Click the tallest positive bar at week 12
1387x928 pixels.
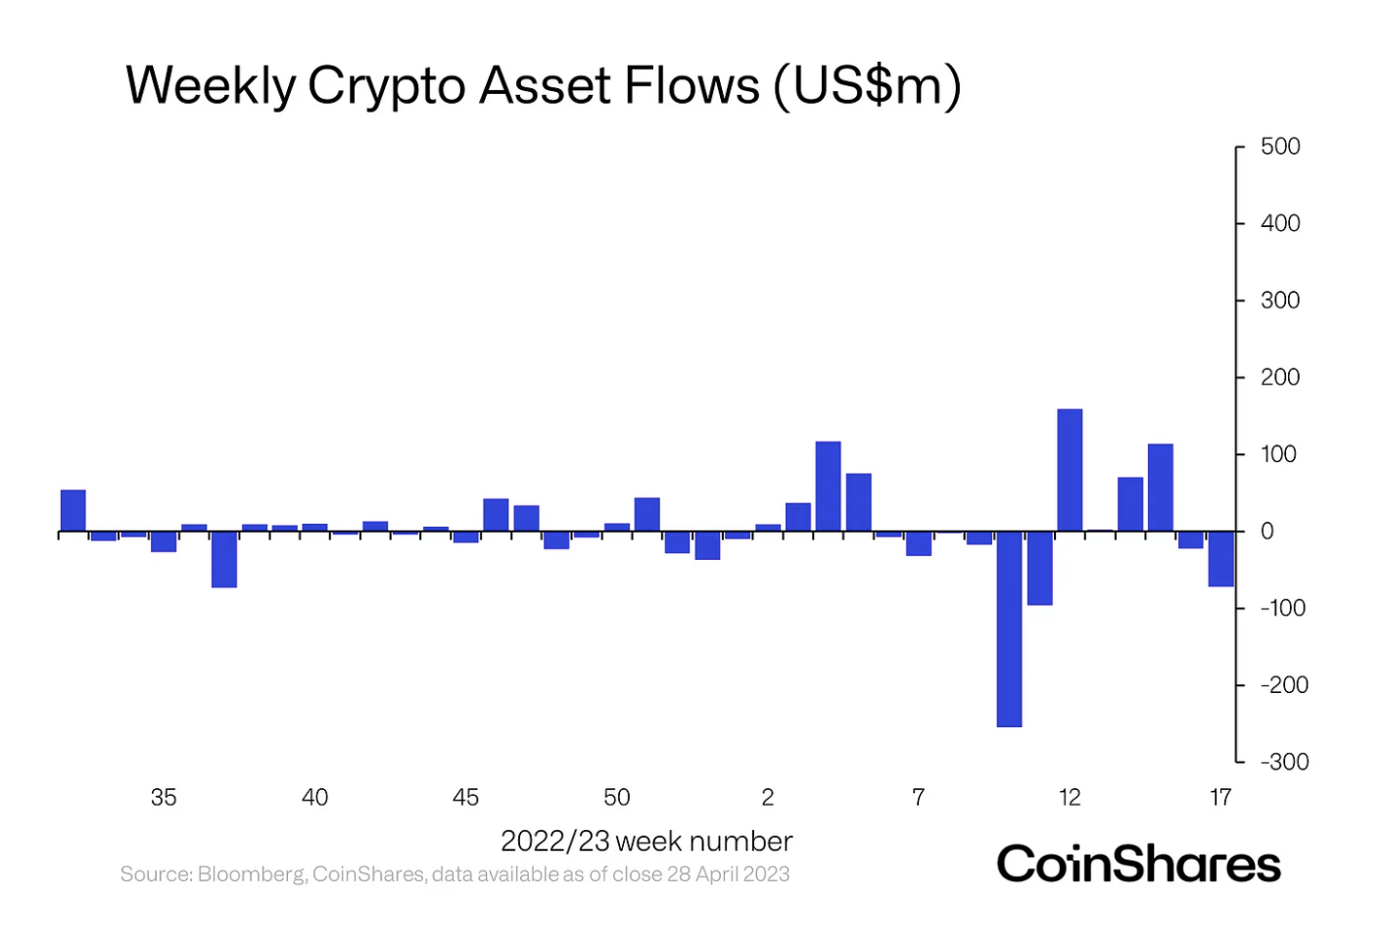coord(1070,470)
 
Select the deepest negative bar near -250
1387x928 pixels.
coord(1009,628)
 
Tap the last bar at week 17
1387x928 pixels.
coord(1220,559)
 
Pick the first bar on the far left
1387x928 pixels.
coord(73,510)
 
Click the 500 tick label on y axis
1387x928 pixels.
coord(1280,147)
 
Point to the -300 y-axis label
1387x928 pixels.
coord(1284,762)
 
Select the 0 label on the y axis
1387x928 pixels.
coord(1267,532)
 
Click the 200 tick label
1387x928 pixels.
coord(1280,378)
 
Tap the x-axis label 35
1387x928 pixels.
coord(164,798)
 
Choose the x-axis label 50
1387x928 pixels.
coord(617,798)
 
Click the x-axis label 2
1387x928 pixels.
coord(768,798)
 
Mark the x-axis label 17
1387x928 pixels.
coord(1220,798)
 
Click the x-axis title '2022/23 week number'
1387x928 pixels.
coord(646,842)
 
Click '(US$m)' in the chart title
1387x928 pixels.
coord(867,86)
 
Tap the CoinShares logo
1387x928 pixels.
coord(1138,864)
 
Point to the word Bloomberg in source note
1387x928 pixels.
coord(251,874)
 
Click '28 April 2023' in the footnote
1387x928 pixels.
coord(728,874)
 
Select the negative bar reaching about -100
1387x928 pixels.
coord(1039,568)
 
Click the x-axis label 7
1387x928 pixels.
coord(919,798)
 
